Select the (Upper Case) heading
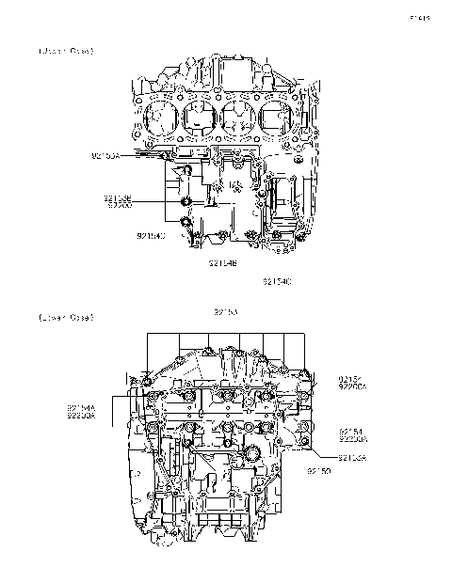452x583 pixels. click(66, 50)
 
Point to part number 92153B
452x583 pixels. click(118, 198)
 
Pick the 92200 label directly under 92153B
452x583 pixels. click(120, 205)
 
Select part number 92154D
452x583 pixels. click(151, 236)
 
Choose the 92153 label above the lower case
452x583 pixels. click(226, 310)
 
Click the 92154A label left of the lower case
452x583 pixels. click(80, 406)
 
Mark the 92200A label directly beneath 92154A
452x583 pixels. click(80, 414)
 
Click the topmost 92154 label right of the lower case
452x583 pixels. click(351, 379)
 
